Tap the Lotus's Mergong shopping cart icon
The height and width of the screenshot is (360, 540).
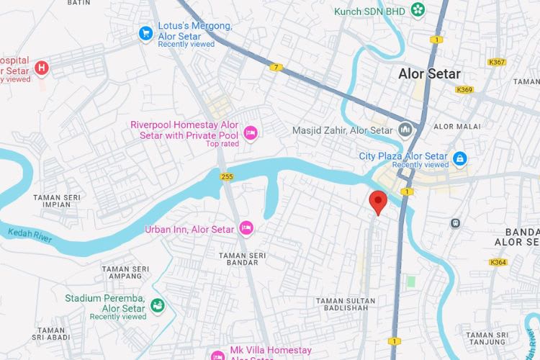pos(145,33)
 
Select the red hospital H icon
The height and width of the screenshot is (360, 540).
pos(42,68)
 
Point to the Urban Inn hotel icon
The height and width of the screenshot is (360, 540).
pos(246,228)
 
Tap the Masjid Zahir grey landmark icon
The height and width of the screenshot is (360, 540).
pos(405,130)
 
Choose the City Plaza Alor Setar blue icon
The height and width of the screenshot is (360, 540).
pos(459,158)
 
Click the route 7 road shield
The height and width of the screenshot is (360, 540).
pos(276,68)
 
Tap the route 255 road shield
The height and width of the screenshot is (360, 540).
pos(227,176)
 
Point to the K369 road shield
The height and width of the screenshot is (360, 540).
pos(464,90)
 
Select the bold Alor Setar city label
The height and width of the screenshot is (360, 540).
pos(430,74)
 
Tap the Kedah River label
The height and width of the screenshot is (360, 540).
pos(30,236)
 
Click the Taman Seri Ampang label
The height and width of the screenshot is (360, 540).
pos(125,272)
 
